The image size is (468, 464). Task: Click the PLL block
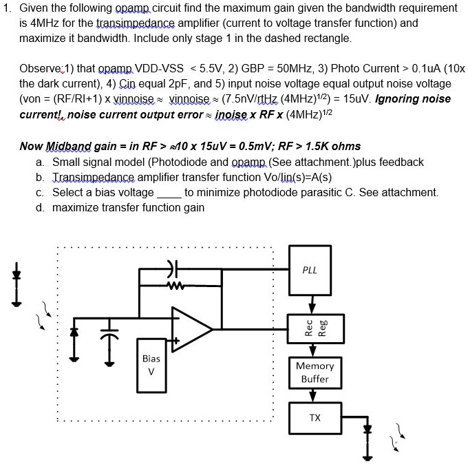coord(310,270)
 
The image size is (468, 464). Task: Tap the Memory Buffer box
coord(315,372)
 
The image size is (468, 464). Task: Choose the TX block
coord(315,418)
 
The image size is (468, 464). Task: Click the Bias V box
coord(151,364)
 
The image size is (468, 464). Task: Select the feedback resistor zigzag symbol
coord(172,280)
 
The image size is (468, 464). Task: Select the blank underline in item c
coord(169,193)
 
